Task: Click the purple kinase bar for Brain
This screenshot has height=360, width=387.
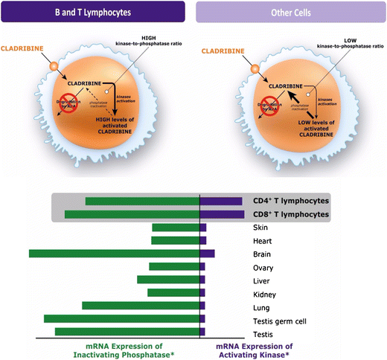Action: coord(208,254)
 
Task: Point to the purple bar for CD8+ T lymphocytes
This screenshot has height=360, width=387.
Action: coord(222,214)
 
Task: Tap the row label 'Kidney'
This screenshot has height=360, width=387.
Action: coord(266,294)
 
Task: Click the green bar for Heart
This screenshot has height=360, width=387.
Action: coord(176,240)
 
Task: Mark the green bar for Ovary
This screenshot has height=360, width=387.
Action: coord(175,266)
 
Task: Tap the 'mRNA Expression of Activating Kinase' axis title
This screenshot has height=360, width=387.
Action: coord(254,350)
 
